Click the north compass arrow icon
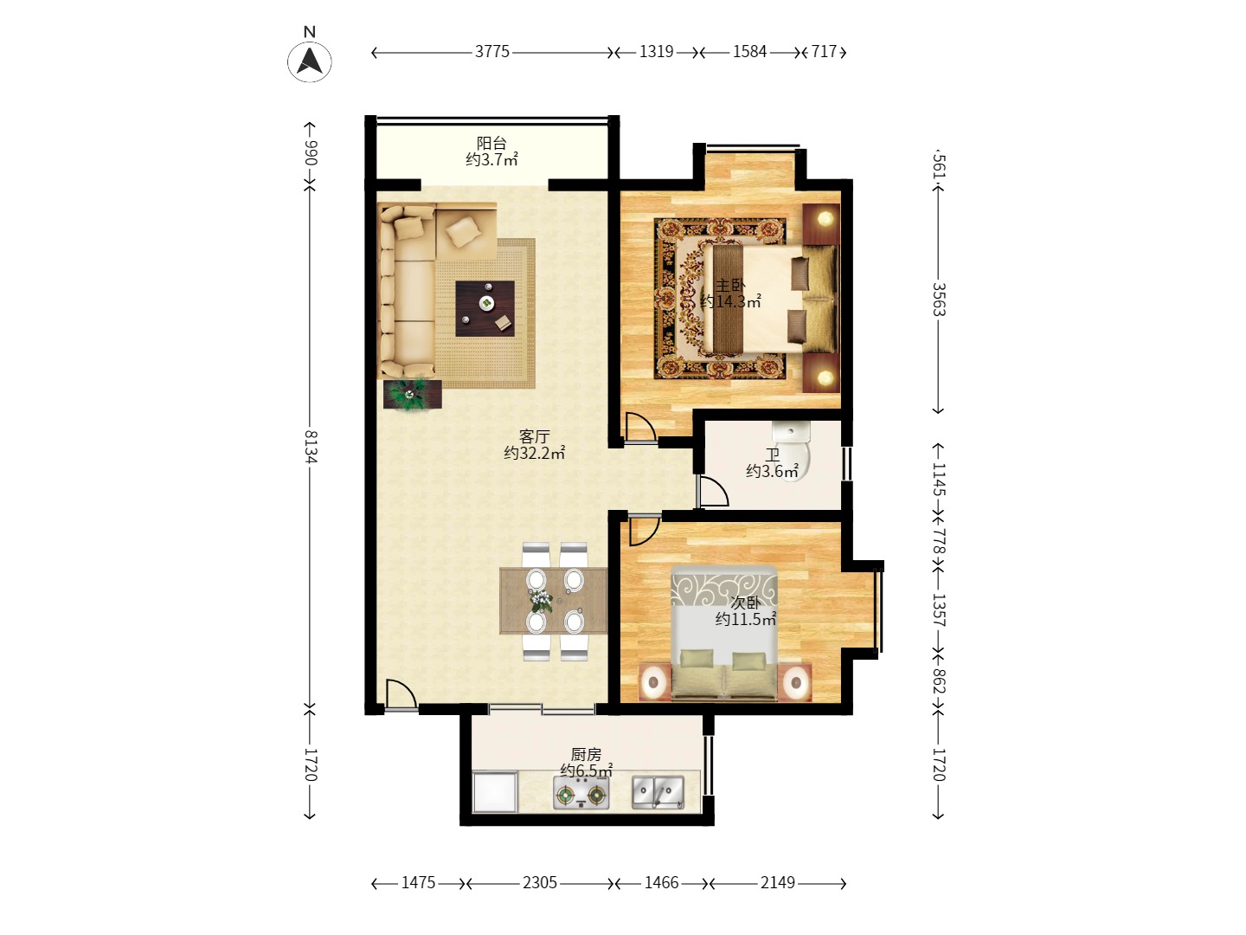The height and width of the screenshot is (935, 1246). coord(310,61)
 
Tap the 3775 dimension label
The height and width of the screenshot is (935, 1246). coord(492,52)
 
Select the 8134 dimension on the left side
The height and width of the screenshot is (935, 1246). coord(311,447)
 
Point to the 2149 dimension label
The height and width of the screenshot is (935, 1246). coord(778,883)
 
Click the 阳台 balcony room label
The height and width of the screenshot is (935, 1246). coord(491,143)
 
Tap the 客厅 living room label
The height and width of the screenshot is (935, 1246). coord(534,436)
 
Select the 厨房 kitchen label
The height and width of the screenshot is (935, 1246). coord(586,754)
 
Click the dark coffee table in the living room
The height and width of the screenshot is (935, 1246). coord(485,308)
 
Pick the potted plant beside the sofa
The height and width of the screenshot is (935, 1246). coord(412,394)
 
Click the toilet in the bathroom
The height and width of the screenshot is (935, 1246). coord(791,451)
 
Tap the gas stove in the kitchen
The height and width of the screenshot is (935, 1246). coord(581,792)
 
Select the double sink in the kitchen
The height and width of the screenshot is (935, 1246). coord(658,792)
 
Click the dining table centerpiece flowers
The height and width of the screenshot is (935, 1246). coord(541,599)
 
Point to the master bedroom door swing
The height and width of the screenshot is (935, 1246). coord(640,427)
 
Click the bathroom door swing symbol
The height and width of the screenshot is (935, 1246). coord(713,491)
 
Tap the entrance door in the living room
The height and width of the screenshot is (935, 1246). coord(401,694)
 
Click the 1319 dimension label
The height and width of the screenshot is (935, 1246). coord(656,52)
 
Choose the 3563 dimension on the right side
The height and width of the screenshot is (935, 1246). coord(939,300)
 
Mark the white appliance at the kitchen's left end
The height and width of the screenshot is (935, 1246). coord(495,791)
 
